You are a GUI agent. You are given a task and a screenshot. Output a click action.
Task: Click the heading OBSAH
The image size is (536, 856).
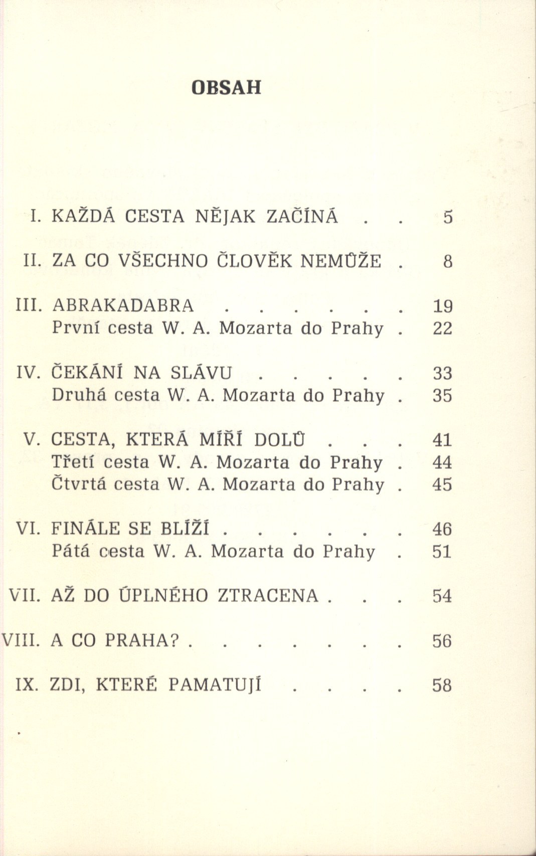[227, 87]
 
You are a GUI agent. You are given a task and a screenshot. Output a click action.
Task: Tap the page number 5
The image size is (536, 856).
[448, 217]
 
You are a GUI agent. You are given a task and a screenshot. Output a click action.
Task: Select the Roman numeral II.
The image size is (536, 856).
[33, 261]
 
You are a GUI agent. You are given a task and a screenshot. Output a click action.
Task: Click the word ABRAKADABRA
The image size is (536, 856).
[123, 305]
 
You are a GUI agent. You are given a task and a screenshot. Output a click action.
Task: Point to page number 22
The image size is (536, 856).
[442, 328]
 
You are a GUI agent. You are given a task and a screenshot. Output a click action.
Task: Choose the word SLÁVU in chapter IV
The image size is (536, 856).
[202, 373]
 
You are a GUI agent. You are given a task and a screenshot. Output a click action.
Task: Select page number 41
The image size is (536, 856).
[442, 440]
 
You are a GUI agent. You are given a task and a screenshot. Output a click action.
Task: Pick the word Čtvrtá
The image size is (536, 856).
[78, 484]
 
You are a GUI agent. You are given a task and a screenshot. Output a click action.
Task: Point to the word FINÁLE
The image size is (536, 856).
[85, 529]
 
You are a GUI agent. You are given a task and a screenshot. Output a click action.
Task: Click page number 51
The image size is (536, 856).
[442, 552]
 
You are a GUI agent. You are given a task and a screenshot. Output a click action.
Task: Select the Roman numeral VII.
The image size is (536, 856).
[25, 596]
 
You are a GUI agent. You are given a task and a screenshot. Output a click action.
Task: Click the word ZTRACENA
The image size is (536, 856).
[268, 596]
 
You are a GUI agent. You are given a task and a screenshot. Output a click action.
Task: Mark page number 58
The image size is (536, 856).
[442, 686]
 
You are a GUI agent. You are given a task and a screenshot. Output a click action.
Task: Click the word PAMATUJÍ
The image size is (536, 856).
[215, 685]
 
